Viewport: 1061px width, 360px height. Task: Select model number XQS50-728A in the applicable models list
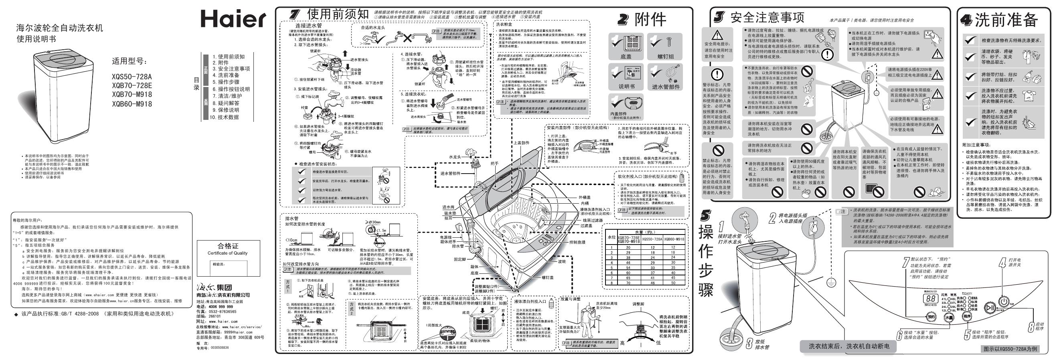132,77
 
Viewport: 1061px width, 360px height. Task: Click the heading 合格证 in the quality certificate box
228,246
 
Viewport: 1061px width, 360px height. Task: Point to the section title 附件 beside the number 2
650,19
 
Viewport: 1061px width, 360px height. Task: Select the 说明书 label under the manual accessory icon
626,87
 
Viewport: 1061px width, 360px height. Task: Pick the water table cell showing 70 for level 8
628,283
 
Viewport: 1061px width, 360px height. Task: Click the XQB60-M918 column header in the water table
673,239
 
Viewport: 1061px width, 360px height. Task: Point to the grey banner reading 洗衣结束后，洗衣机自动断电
849,346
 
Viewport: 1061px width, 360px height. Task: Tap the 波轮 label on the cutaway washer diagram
562,261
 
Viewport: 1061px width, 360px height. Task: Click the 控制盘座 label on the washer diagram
577,242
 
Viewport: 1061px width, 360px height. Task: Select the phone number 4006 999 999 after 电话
221,306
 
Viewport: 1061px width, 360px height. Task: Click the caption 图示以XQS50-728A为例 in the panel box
1010,349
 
